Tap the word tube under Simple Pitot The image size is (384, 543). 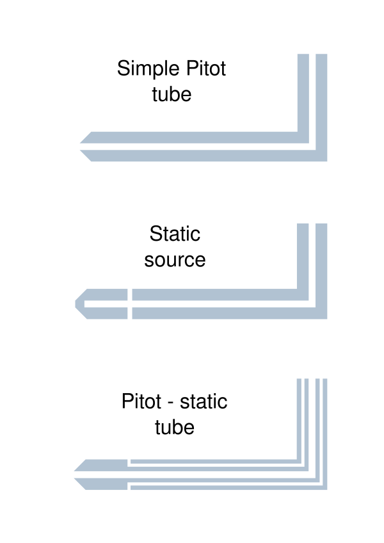(x=172, y=95)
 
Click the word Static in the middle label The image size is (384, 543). (x=175, y=234)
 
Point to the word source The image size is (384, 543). (x=175, y=260)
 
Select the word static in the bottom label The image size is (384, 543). (x=204, y=402)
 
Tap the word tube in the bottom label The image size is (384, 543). (x=175, y=427)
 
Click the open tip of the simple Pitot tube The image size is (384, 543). (x=81, y=147)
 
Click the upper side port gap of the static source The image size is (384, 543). (x=130, y=295)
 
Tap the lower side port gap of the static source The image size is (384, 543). (x=130, y=313)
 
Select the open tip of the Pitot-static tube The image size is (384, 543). (x=76, y=474)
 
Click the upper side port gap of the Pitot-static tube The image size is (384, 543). (x=129, y=462)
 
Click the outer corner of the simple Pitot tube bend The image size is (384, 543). (x=326, y=160)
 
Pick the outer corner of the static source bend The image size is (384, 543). (x=326, y=318)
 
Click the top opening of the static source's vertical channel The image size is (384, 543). (x=313, y=225)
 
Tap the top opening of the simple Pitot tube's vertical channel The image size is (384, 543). (x=313, y=56)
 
